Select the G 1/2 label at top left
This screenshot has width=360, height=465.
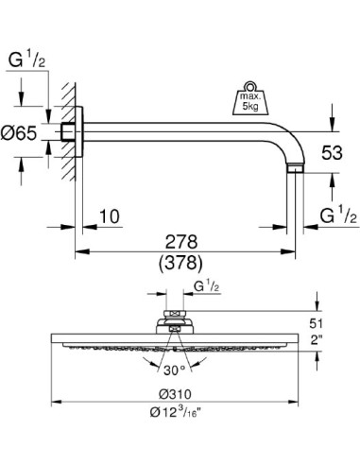[x=26, y=61]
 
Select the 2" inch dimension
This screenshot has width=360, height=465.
[x=329, y=340]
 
